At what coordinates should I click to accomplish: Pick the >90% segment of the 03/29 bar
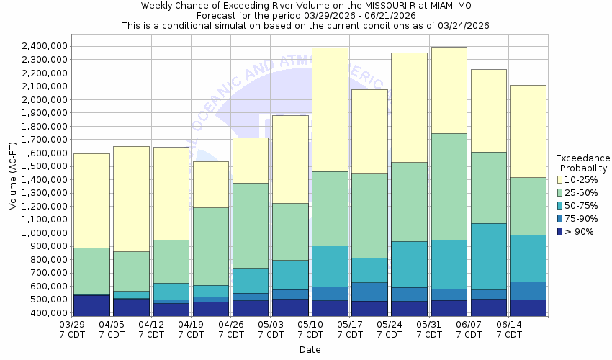coord(91,305)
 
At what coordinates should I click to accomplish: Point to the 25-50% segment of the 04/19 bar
coord(211,246)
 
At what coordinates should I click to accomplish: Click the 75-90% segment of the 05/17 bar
coord(369,292)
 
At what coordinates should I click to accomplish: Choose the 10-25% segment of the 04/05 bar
coord(131,199)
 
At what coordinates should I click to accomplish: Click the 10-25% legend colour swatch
coord(560,180)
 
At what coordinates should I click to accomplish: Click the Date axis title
coord(310,350)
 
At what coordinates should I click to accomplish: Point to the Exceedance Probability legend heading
coord(583,163)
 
